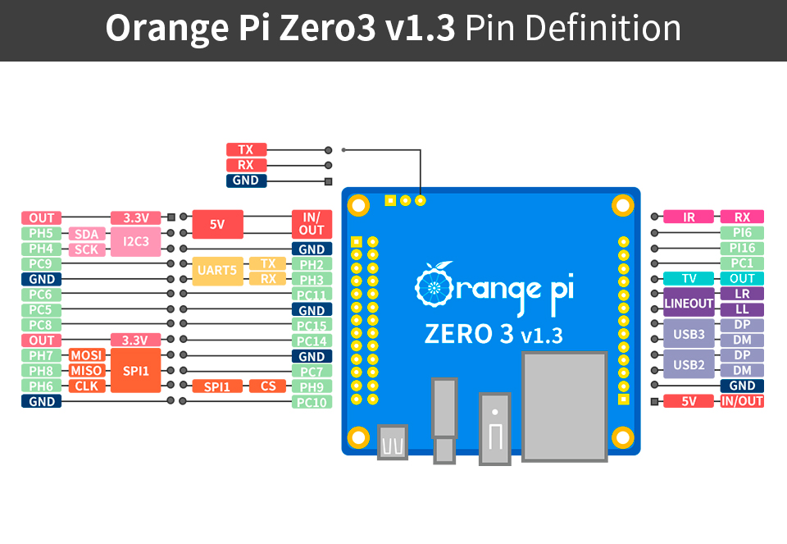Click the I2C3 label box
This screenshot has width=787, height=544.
pos(135,241)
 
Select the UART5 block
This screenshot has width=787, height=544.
pos(217,272)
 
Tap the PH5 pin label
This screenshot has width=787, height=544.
pos(41,233)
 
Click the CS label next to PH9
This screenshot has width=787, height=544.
pos(268,386)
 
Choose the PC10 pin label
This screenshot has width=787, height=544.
pos(312,402)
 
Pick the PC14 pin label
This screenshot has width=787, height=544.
pos(312,341)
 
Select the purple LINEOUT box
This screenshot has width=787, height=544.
pos(689,303)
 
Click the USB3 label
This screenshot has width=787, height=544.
pos(689,334)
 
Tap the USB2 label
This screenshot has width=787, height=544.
pos(689,364)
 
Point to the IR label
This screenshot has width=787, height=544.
pos(689,217)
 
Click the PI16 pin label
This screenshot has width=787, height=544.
pos(742,248)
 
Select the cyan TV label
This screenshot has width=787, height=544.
pos(689,279)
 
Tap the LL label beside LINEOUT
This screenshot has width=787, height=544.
pos(742,310)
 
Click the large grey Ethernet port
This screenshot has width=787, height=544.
pos(564,405)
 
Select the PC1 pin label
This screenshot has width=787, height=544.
pos(742,263)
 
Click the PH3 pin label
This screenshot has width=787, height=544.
pos(312,280)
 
